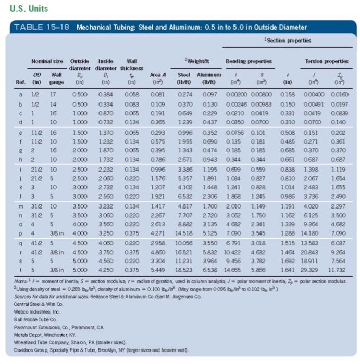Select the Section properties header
click(x=291, y=40)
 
